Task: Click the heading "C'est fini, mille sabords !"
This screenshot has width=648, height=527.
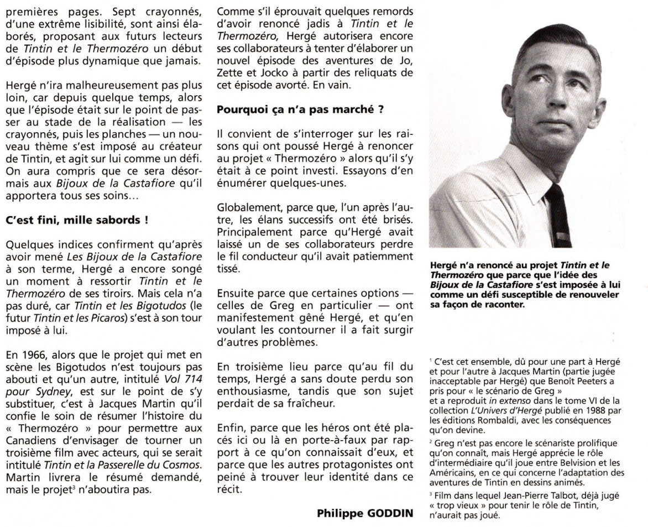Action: point(77,220)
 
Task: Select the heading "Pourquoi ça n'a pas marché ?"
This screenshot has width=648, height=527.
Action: point(300,109)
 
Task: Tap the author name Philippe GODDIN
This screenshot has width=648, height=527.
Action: point(365,513)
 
